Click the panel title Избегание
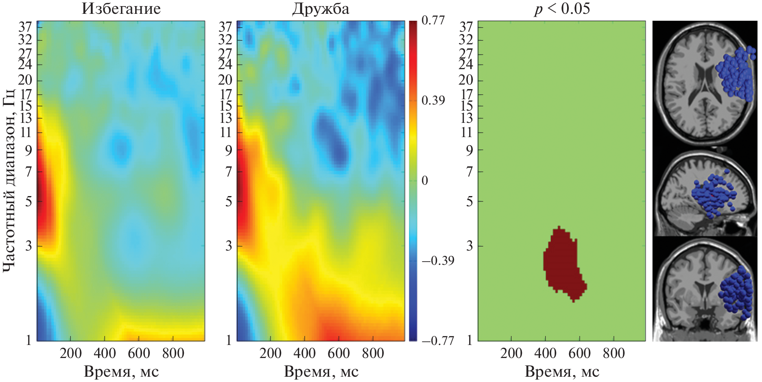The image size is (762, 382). [x=121, y=9]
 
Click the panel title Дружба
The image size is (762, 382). [x=320, y=9]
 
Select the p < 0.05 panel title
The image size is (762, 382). [x=561, y=9]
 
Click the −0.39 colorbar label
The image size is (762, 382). [x=437, y=260]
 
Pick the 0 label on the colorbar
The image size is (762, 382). [x=425, y=180]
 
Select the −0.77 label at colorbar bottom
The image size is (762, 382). [x=437, y=341]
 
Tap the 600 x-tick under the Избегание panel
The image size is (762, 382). [x=139, y=353]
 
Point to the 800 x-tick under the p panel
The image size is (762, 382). [x=613, y=353]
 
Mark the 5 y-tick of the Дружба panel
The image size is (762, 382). [x=229, y=201]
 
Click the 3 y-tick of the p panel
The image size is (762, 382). [x=469, y=246]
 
